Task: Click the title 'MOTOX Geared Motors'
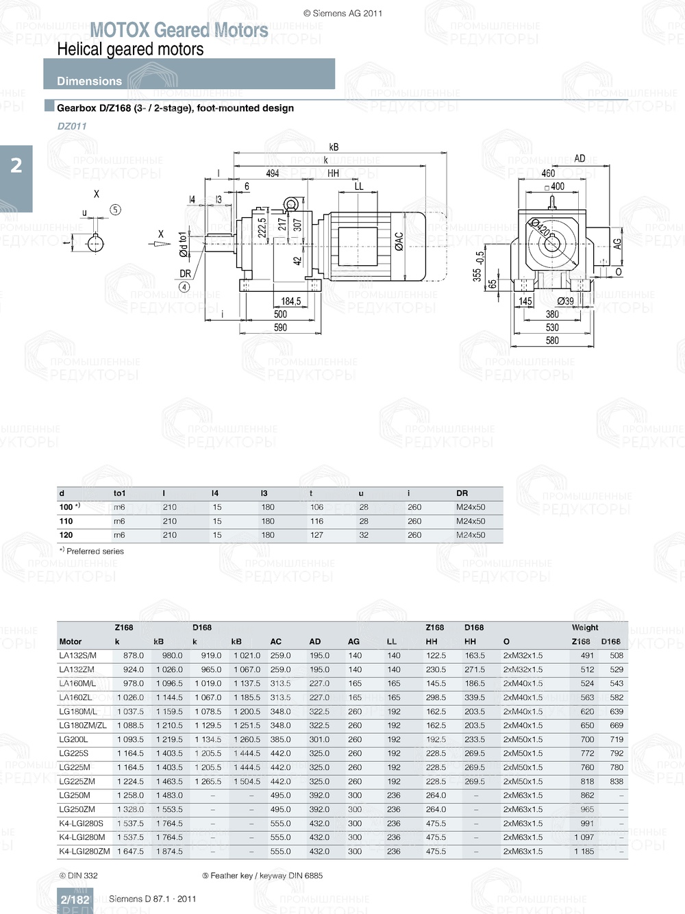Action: click(x=179, y=30)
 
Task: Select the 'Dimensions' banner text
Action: click(x=89, y=81)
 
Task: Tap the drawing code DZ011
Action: click(x=72, y=126)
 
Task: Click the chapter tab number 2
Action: click(x=16, y=165)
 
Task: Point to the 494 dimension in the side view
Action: click(x=273, y=173)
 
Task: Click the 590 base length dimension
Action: click(x=281, y=328)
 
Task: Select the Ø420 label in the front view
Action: click(x=540, y=227)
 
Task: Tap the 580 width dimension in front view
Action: click(x=552, y=341)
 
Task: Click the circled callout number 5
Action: click(x=115, y=210)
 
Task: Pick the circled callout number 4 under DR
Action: click(x=184, y=287)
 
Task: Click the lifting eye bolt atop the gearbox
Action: click(x=291, y=203)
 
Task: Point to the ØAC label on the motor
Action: click(x=399, y=241)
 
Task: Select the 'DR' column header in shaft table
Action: click(x=462, y=493)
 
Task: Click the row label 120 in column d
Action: click(x=66, y=535)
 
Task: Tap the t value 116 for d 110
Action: click(x=316, y=521)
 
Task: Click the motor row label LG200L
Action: click(x=73, y=740)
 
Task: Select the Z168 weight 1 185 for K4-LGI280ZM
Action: click(x=584, y=852)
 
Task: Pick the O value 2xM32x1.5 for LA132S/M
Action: click(x=523, y=656)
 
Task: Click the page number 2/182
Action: click(x=75, y=900)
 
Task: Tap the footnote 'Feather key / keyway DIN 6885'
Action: click(x=262, y=876)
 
